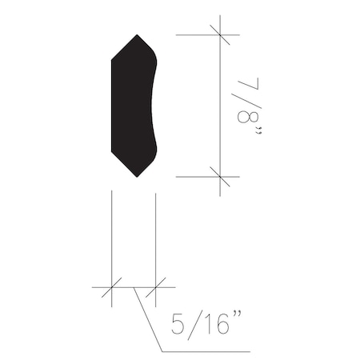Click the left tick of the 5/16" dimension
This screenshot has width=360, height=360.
(x=111, y=286)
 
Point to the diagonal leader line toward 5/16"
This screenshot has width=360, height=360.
(x=150, y=320)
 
